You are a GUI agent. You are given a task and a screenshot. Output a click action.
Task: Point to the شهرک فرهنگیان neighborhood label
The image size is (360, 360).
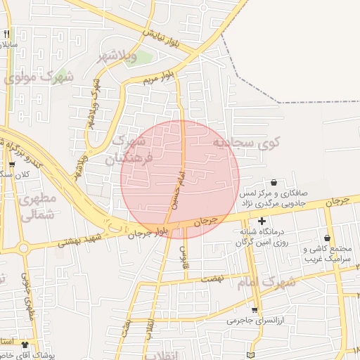[119, 149]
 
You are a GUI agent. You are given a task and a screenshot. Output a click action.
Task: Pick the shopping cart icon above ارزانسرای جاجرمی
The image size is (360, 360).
[255, 309]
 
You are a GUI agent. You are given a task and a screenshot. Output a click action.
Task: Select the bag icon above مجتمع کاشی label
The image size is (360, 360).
[328, 238]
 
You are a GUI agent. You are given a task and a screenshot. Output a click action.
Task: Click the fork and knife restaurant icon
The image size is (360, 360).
[7, 33]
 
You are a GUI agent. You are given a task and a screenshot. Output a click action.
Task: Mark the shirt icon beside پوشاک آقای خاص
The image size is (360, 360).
[26, 345]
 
